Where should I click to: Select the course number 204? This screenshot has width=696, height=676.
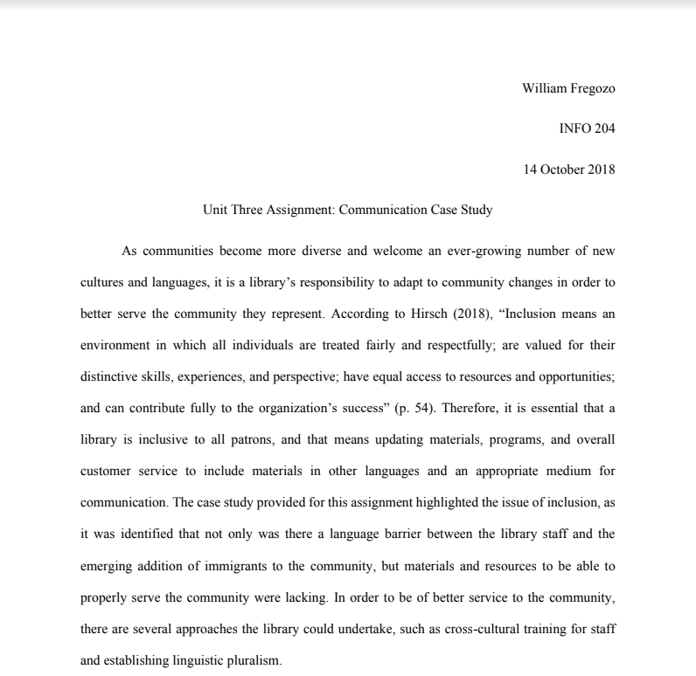pyautogui.click(x=603, y=128)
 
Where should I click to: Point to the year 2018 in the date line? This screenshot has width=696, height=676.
pyautogui.click(x=602, y=169)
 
